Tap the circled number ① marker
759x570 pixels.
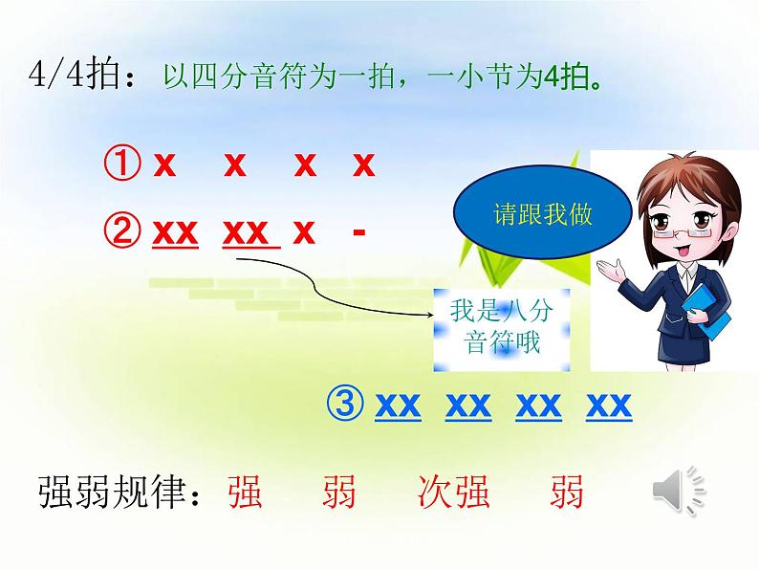pos(120,166)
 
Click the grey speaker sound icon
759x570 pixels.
pos(680,493)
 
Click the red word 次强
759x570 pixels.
pos(454,494)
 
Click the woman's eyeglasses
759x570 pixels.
pos(670,226)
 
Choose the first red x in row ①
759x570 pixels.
pos(164,166)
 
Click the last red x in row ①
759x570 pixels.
pos(362,166)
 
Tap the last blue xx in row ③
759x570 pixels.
pos(609,406)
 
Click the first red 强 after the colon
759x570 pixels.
pos(246,494)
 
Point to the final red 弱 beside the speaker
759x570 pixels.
pos(567,494)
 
